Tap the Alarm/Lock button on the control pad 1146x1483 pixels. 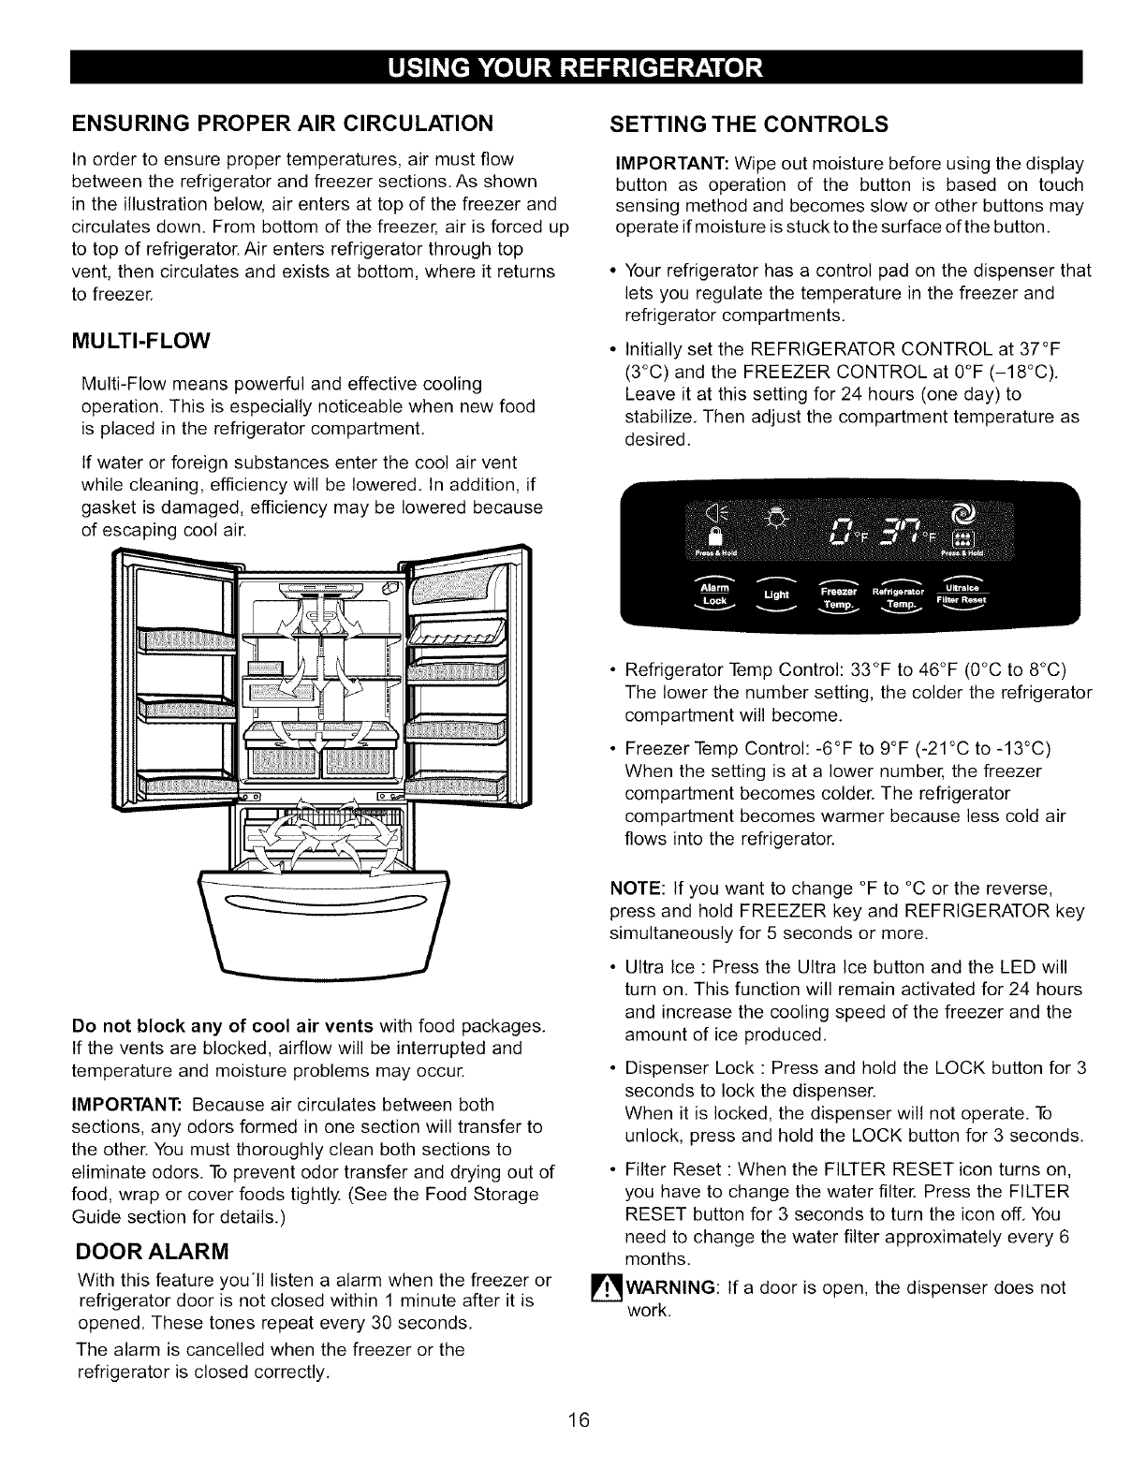(x=714, y=595)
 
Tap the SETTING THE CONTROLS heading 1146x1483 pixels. (x=749, y=124)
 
